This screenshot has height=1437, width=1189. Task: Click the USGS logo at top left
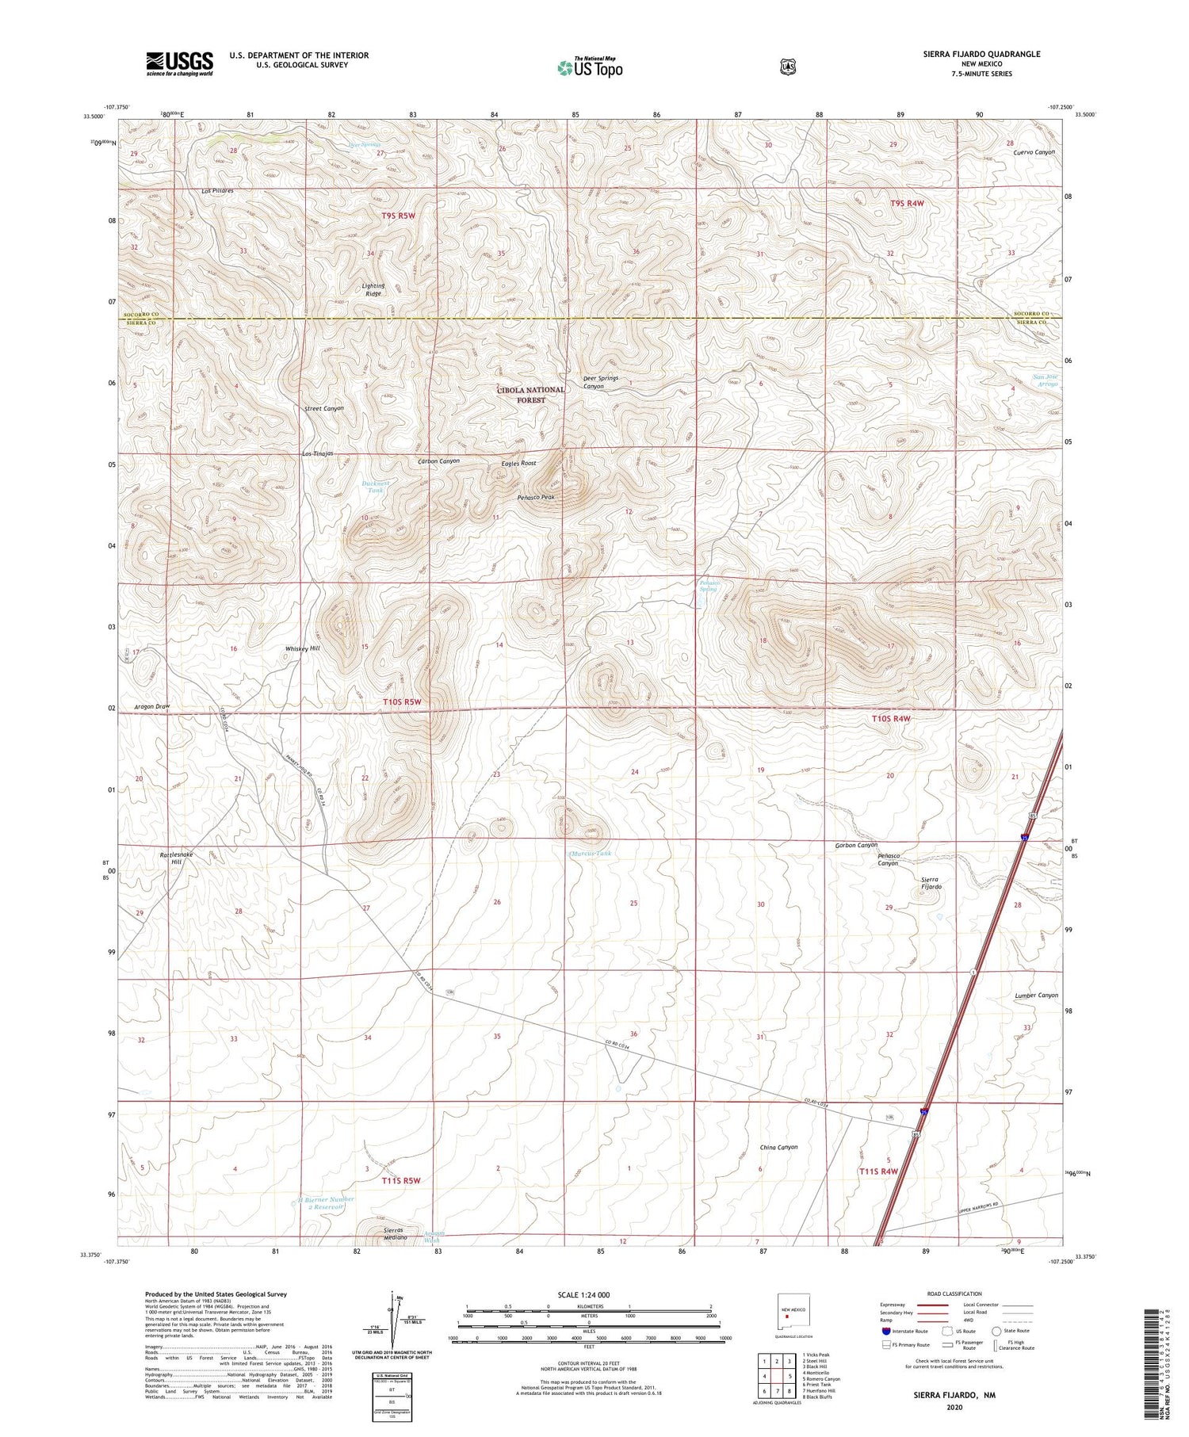pos(179,63)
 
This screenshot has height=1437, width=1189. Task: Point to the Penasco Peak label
pos(536,497)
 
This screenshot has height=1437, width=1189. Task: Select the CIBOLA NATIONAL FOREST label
pos(531,395)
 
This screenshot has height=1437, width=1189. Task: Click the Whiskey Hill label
pos(302,648)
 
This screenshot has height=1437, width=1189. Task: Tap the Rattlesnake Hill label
pos(176,858)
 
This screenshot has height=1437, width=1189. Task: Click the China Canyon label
pos(778,1147)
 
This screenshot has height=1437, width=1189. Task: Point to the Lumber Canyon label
pos(1036,996)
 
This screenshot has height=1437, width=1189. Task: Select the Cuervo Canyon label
pos(1034,152)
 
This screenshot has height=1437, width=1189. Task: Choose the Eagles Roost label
pos(518,463)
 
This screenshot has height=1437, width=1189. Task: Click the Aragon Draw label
pos(152,706)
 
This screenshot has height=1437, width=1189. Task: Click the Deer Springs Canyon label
pos(600,382)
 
